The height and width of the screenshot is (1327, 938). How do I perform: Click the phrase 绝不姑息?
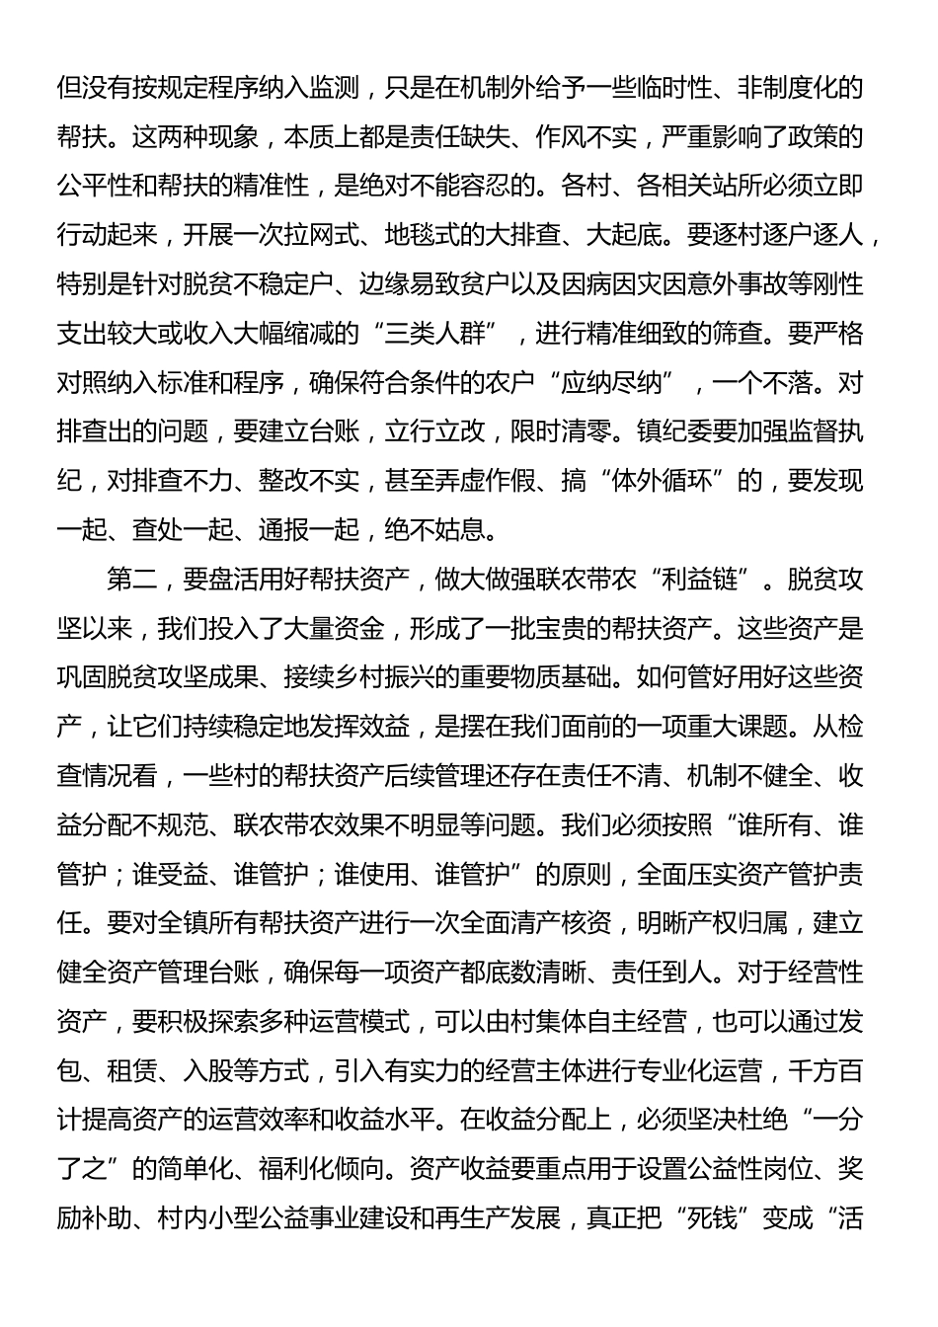(x=434, y=530)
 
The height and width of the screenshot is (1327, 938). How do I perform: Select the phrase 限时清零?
(x=585, y=431)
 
